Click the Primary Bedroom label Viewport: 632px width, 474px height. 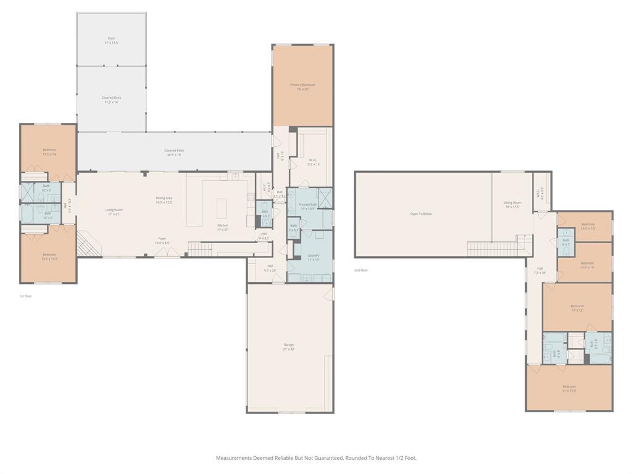pos(302,86)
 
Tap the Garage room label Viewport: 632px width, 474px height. pos(289,347)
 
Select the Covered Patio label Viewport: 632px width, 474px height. pos(174,152)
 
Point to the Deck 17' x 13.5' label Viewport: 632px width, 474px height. pos(111,40)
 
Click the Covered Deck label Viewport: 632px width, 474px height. pos(111,99)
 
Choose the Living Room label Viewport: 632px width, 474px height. pos(114,212)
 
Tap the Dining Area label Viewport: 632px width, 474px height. pos(164,199)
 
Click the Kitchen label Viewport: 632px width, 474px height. pos(222,227)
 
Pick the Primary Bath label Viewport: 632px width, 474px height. pos(307,206)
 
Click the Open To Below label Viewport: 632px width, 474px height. pos(421,214)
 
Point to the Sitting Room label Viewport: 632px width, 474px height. pos(512,204)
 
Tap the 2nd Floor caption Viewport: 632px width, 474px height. pos(360,270)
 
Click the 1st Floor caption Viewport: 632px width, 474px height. pos(25,296)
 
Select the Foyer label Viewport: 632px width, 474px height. pos(162,240)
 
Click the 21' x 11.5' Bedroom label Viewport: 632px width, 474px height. pos(568,388)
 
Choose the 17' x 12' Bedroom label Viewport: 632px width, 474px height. pos(577,308)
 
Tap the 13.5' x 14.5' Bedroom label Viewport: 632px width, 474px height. pos(49,256)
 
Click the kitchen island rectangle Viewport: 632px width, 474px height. pos(222,206)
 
